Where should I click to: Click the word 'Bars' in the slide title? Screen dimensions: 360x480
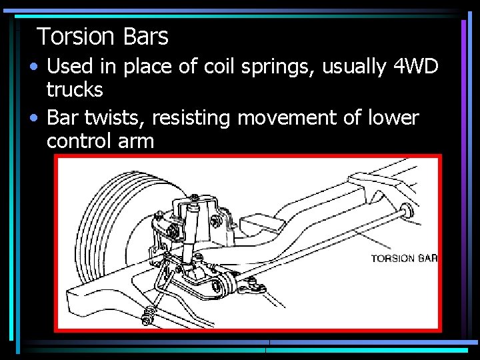(145, 37)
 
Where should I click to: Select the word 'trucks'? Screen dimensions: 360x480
(75, 89)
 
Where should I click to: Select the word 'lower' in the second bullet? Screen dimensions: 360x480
(395, 119)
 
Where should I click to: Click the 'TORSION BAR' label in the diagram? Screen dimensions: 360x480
(403, 259)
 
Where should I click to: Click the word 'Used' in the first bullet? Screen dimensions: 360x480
(70, 67)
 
